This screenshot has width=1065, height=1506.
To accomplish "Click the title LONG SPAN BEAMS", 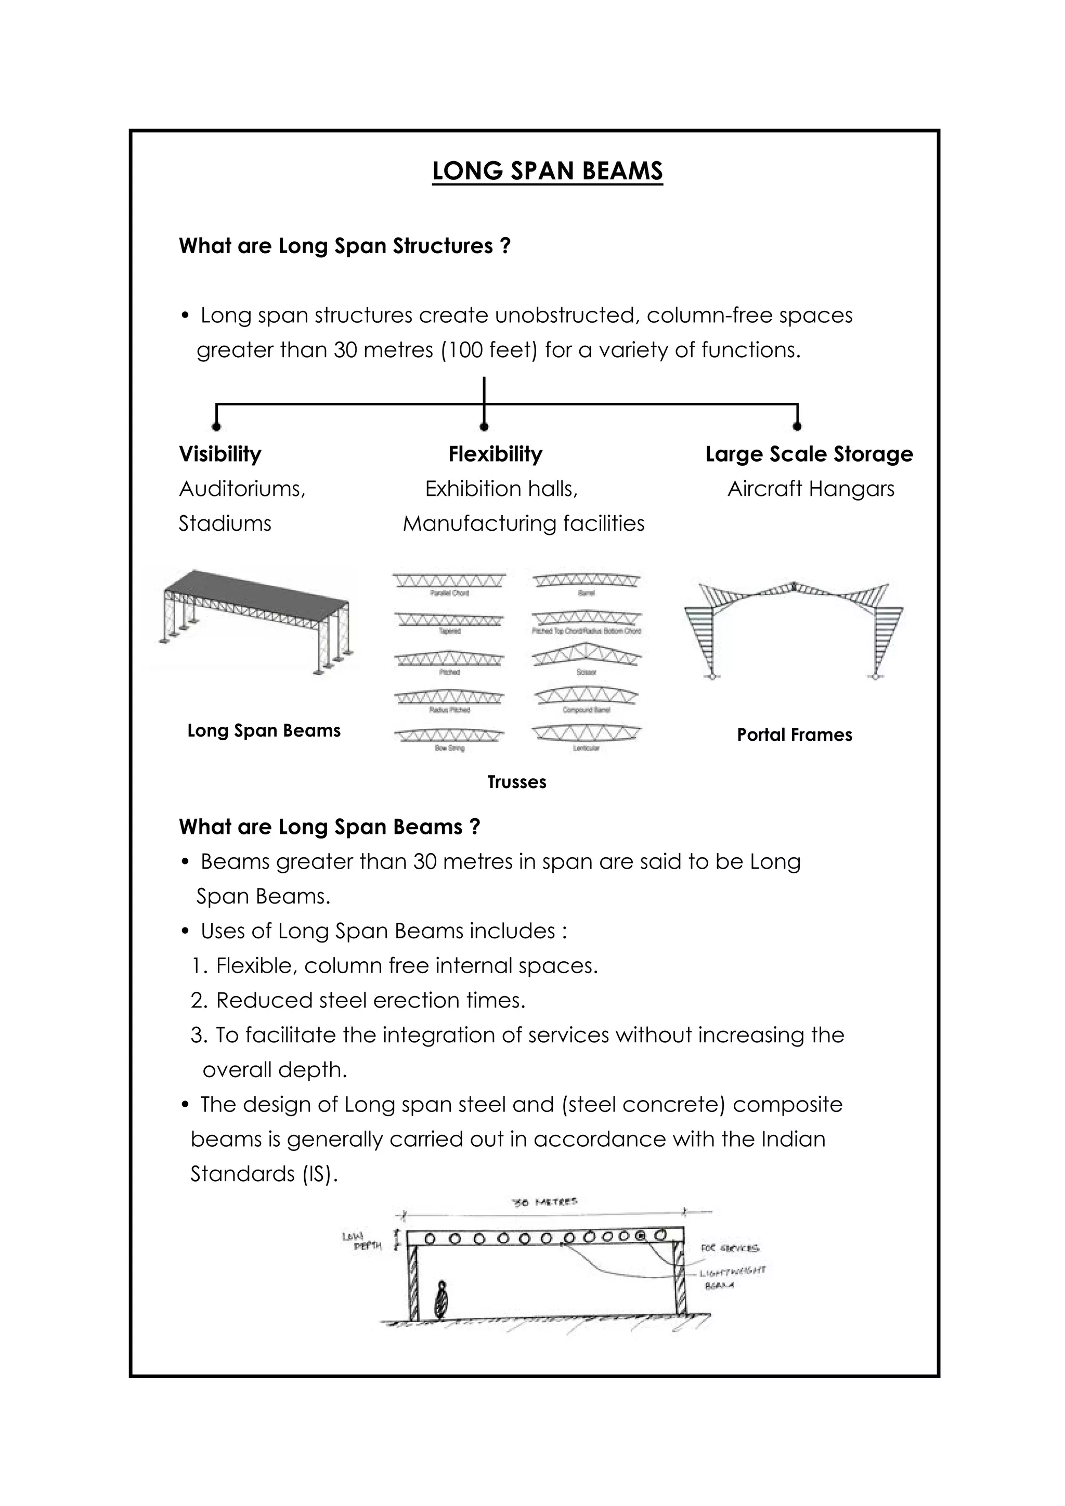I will [547, 171].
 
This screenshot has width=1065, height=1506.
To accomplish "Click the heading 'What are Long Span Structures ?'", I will [344, 246].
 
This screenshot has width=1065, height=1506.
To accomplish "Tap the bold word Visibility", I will [220, 454].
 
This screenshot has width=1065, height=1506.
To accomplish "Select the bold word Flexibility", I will [496, 454].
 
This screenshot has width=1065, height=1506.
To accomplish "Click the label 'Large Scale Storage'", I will [809, 454].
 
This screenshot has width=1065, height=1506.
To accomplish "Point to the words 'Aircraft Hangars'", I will [810, 489].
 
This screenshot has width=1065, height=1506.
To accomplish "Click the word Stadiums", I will [225, 523].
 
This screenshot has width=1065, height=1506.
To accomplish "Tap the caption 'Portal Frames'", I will [794, 735].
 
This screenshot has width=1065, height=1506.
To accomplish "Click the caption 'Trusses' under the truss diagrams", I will [516, 782].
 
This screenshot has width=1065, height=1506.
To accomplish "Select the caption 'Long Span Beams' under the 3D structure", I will [264, 731].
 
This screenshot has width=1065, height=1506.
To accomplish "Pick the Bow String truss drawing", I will [449, 736].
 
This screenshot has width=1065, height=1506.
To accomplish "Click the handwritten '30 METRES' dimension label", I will [544, 1203].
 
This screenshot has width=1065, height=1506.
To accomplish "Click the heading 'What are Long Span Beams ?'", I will [329, 827].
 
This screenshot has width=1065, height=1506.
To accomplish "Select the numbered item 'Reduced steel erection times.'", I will [371, 1000].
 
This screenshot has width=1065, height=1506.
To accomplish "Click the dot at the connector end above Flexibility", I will [484, 427].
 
